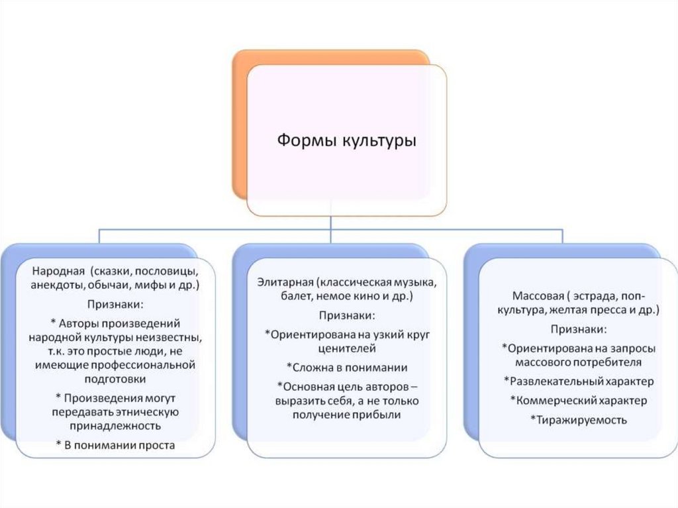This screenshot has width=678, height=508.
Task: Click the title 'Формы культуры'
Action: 346,140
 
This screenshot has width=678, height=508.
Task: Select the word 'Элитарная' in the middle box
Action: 284,283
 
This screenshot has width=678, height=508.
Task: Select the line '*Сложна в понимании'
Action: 346,366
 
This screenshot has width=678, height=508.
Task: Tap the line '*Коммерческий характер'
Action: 578,400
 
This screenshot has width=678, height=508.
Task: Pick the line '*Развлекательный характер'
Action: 578,381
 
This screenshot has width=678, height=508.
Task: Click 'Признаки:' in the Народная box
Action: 115,304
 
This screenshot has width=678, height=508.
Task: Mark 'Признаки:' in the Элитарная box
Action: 346,315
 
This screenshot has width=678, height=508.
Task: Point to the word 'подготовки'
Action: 115,379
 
